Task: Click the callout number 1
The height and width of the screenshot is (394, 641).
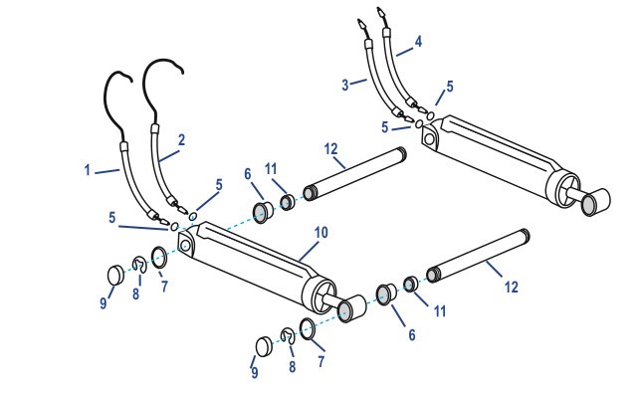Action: click(87, 169)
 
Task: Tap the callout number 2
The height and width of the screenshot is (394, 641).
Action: click(181, 140)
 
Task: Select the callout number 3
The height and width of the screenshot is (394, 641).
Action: click(345, 85)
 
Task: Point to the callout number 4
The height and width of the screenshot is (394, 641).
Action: click(418, 42)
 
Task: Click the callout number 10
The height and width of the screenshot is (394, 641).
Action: click(321, 233)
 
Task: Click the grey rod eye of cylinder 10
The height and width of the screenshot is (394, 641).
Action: click(346, 309)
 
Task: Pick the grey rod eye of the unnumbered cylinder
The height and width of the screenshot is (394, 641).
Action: click(590, 204)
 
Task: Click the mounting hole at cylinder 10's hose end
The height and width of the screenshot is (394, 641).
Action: click(185, 245)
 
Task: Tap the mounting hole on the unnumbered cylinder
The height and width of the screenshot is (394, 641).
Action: click(429, 139)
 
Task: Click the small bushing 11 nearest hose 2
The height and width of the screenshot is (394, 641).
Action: click(288, 202)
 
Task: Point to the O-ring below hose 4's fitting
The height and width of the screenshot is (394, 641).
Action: click(430, 116)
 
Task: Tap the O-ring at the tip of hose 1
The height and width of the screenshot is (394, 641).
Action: click(174, 226)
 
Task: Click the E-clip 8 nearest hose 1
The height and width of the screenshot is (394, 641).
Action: click(139, 265)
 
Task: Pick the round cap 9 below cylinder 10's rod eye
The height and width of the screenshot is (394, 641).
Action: click(264, 346)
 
